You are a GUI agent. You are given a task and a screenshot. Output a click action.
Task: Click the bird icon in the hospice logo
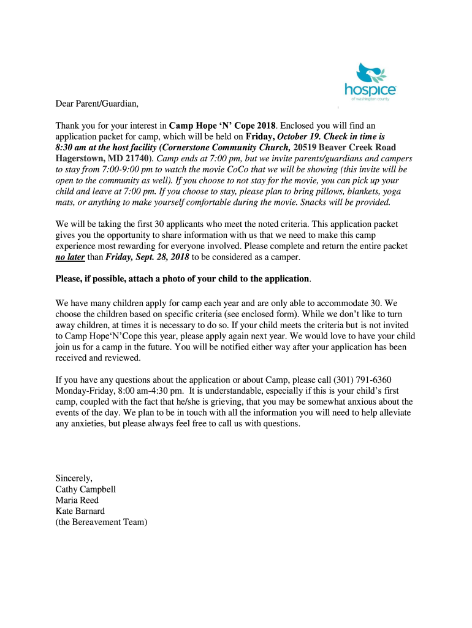(368, 73)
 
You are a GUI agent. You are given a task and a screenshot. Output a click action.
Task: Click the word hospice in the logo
(370, 90)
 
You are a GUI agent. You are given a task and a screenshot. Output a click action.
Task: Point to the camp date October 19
(298, 136)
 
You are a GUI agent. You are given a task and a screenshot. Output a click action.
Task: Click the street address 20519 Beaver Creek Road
(344, 147)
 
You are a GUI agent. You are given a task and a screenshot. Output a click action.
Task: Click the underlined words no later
(70, 258)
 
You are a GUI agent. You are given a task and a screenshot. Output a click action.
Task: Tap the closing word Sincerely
(74, 478)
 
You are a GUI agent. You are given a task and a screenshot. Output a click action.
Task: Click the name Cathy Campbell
(86, 489)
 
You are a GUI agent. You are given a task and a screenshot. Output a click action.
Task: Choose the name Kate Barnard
(80, 511)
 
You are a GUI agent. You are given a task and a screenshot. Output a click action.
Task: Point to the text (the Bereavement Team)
(102, 523)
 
